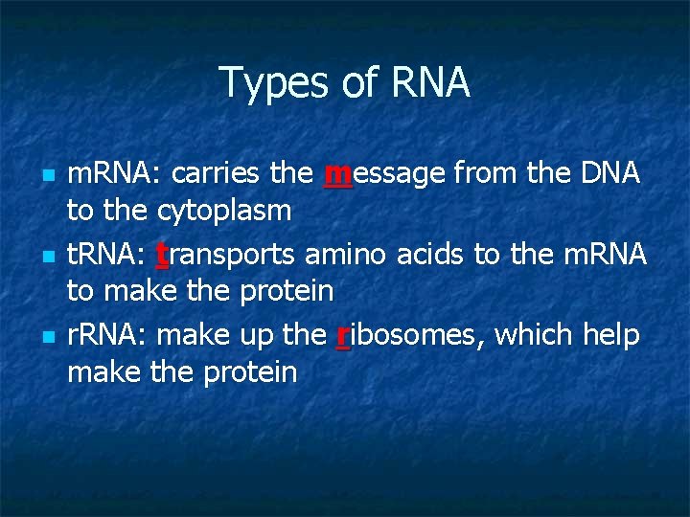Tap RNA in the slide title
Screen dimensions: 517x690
(x=430, y=83)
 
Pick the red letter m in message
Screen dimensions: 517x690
(x=337, y=175)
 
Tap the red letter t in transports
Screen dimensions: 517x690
(x=162, y=256)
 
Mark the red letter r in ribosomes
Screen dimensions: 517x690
(x=343, y=336)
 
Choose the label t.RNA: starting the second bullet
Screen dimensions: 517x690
(x=106, y=256)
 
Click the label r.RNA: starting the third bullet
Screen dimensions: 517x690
(x=106, y=336)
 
